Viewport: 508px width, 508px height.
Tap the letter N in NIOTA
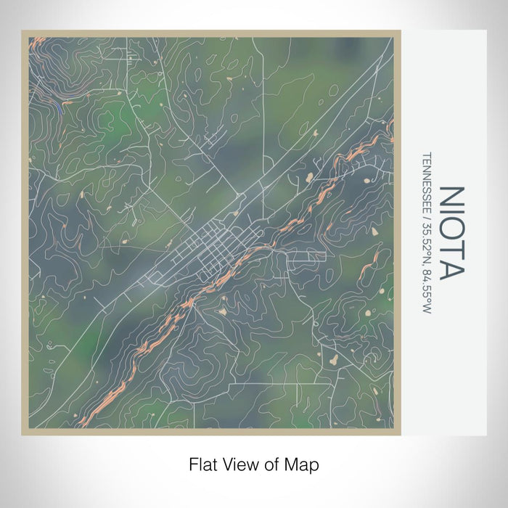[451, 198]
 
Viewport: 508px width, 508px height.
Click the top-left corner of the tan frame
[22, 32]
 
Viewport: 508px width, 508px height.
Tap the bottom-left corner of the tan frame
[22, 434]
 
